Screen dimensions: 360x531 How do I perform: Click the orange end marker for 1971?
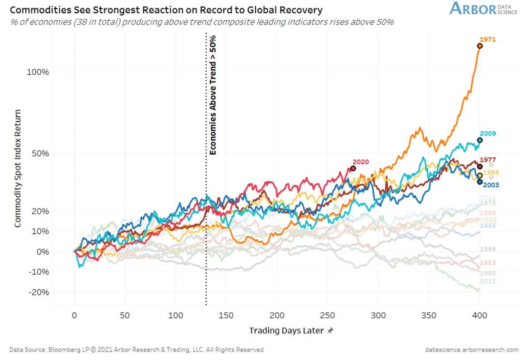tap(480, 46)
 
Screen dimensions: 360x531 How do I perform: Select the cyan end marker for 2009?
tap(480, 140)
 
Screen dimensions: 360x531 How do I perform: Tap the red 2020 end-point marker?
tap(353, 168)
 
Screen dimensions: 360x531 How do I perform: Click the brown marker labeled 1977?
tap(480, 166)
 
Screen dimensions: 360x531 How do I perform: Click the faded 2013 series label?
tap(488, 282)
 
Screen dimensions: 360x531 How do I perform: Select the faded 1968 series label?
tap(488, 249)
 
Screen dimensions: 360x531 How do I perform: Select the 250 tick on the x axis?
tap(327, 315)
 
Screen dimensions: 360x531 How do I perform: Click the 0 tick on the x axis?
tap(74, 315)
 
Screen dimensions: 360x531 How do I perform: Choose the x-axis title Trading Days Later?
tap(287, 331)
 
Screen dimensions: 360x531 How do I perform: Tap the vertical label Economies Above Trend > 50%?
tap(213, 94)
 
